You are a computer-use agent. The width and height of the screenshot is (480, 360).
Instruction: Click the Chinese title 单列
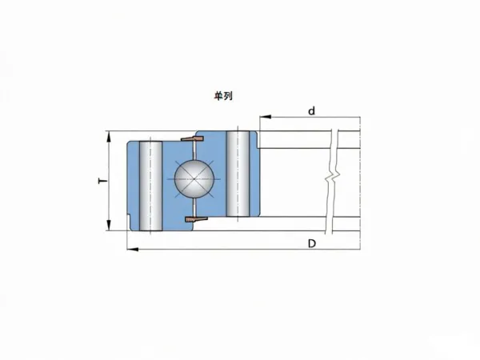[x=223, y=96]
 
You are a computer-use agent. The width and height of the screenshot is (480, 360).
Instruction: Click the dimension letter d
[x=311, y=111]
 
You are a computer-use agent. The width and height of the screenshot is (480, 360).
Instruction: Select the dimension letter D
[x=312, y=244]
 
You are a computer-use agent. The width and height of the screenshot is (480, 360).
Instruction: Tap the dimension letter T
[x=103, y=181]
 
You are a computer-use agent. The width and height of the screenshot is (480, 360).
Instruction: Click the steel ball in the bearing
[x=194, y=180]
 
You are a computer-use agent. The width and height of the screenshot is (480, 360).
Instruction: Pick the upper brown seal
[x=192, y=138]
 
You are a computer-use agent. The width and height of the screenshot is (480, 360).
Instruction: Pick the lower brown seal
[x=197, y=219]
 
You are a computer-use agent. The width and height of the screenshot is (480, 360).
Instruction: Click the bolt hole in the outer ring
[x=150, y=186]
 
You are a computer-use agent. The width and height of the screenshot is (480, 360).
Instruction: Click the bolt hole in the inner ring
[x=238, y=174]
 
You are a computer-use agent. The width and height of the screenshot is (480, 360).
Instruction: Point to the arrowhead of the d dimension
[x=265, y=117]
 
